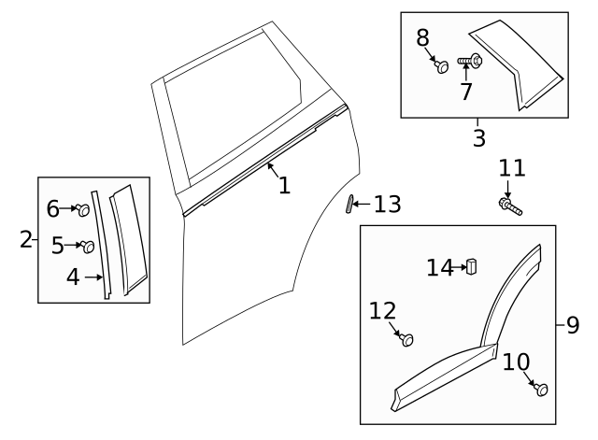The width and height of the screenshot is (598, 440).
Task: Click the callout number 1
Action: [284, 185]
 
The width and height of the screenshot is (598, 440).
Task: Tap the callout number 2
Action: [25, 240]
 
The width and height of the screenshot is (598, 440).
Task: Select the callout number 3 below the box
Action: [478, 139]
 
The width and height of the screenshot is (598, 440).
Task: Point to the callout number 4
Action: [73, 277]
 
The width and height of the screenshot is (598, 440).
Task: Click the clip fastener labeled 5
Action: [88, 247]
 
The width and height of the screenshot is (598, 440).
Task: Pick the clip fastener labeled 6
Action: [84, 210]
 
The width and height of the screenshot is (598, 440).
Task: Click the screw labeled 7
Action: [470, 63]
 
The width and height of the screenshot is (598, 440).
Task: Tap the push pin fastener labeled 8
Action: [440, 66]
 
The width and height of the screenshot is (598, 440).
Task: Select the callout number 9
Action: [572, 325]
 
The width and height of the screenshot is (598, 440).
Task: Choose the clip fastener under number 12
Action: [406, 340]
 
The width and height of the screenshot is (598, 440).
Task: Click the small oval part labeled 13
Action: [352, 204]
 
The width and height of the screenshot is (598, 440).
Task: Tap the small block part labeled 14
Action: [472, 267]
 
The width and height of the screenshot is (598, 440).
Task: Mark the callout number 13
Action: [387, 204]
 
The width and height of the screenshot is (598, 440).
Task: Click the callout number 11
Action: [511, 169]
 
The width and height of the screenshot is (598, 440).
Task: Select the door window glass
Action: [234, 107]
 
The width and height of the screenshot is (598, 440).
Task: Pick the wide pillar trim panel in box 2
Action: [126, 238]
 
